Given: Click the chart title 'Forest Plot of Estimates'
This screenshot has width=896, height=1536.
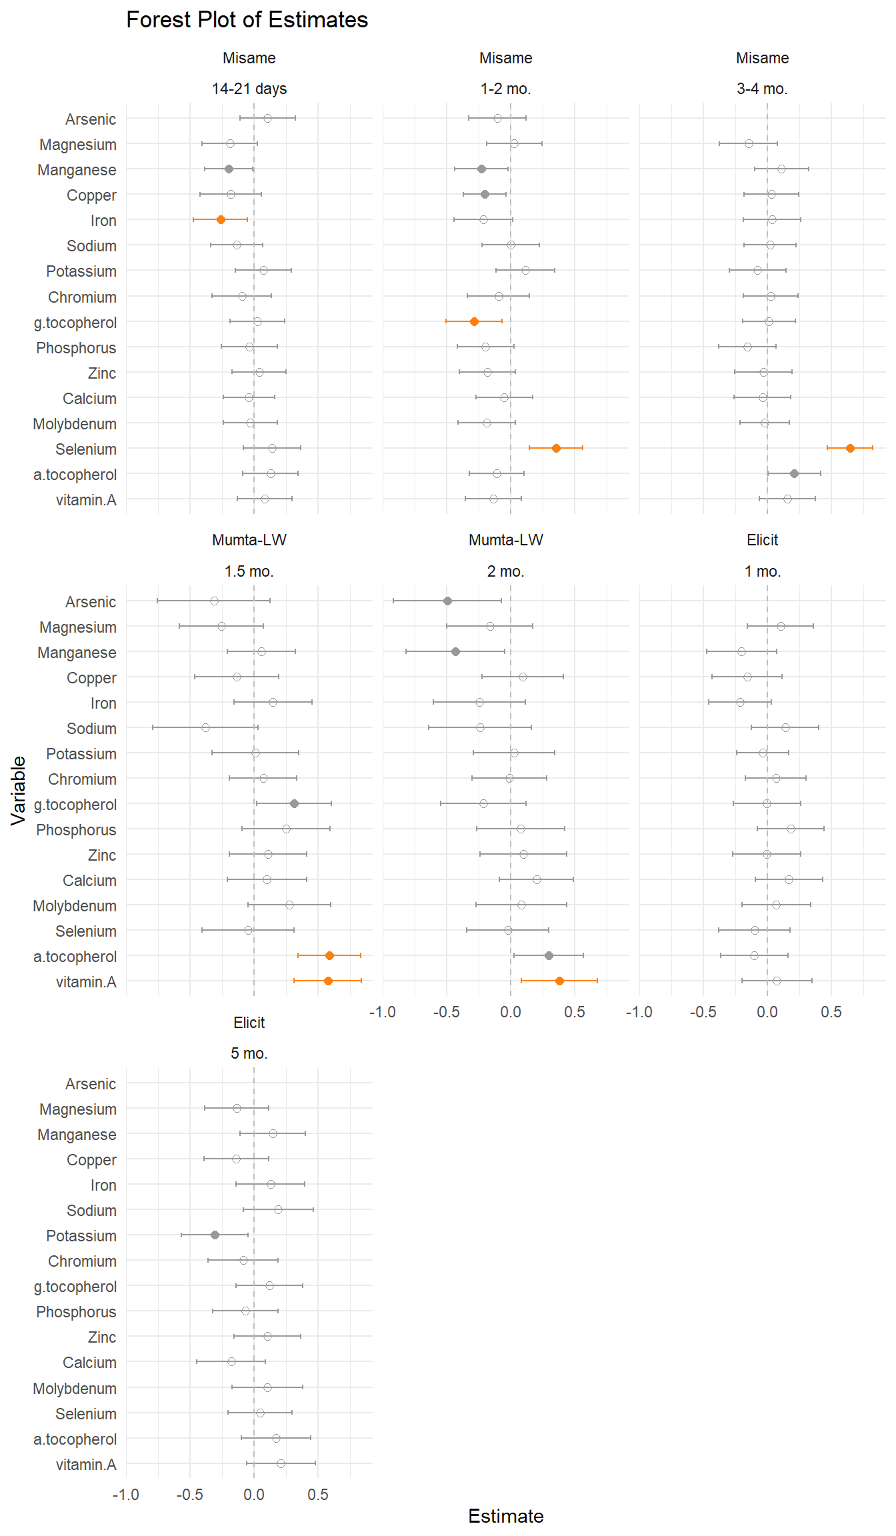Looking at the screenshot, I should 247,20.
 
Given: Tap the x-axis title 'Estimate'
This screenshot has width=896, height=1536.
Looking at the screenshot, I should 505,1516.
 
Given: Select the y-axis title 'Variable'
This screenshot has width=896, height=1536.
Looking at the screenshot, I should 19,791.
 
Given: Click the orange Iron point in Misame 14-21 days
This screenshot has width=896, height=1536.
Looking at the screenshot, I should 221,219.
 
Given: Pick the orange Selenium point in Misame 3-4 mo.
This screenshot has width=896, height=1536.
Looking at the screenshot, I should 850,448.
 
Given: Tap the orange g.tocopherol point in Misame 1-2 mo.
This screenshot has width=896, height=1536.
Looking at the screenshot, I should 474,321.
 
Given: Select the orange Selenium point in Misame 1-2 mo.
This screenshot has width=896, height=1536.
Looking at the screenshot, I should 556,448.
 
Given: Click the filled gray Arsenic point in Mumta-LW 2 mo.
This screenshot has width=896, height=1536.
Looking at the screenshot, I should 447,601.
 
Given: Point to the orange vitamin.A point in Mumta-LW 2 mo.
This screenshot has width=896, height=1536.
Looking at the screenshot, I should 559,981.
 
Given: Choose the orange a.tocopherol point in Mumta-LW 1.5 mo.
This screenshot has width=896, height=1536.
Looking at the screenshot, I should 329,955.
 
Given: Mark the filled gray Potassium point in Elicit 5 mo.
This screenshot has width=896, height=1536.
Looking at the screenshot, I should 215,1235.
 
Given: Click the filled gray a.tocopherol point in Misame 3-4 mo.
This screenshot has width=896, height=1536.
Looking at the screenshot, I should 794,473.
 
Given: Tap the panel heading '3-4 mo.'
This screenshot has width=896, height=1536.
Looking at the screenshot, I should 762,89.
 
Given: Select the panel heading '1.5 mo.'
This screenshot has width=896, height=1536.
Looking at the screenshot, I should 249,571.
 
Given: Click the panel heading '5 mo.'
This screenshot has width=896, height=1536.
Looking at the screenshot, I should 249,1053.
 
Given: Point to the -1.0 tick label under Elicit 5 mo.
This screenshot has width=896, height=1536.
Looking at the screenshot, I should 125,1494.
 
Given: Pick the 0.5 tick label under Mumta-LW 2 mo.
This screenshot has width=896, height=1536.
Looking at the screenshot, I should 575,1012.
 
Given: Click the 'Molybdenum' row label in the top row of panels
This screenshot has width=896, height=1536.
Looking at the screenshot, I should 75,424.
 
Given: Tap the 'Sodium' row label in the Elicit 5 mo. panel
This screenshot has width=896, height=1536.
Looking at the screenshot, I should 91,1211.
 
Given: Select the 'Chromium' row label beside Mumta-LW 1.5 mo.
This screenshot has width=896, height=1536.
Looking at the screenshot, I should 82,779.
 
